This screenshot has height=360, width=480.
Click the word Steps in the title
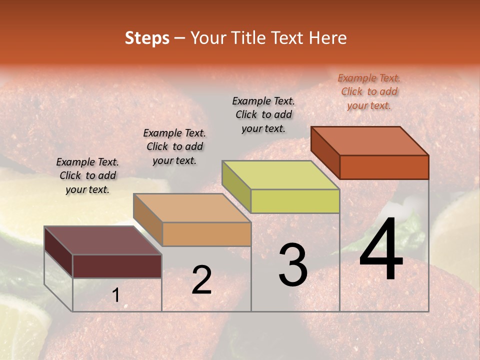147,38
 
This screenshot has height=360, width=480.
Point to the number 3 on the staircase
293,265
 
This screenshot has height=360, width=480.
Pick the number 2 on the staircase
201,280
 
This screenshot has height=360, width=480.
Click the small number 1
116,295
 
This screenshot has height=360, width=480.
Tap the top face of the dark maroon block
103,240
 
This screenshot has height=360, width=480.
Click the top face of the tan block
192,207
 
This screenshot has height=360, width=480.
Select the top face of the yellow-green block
281,175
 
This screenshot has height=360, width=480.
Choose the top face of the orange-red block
370,141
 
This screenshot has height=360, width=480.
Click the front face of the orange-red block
384,167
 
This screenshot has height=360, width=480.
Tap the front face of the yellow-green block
295,201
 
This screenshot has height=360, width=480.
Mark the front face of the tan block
206,234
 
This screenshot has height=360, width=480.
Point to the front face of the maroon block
117,266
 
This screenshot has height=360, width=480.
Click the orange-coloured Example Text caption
369,91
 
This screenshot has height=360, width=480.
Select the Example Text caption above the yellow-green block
263,114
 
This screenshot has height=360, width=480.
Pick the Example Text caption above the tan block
174,146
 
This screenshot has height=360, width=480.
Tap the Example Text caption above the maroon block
87,175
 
